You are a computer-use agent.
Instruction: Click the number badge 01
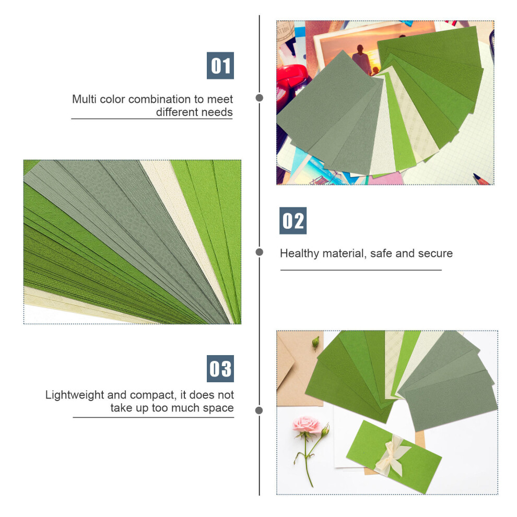point(220,66)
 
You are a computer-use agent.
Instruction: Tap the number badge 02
point(293,220)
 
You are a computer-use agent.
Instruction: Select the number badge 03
point(220,369)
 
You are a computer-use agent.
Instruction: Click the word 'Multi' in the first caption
point(84,99)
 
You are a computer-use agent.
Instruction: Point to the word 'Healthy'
point(299,254)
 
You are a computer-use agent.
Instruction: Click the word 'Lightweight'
point(75,395)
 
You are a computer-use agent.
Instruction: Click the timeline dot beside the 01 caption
point(260,98)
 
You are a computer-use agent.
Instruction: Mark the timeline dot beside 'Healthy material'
point(260,252)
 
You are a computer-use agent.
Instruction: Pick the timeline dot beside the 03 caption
point(259,410)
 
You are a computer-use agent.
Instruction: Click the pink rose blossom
point(307,425)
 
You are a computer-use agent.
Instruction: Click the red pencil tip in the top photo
point(480,179)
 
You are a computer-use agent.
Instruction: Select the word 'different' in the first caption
point(177,112)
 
